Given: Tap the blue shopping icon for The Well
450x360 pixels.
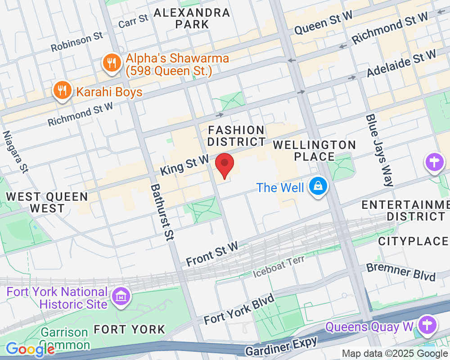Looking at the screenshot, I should (x=318, y=187).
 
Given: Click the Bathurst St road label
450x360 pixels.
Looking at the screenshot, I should (x=162, y=212).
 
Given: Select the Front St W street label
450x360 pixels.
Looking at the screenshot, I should (x=212, y=255).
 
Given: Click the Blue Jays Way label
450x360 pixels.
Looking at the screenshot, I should (x=379, y=150).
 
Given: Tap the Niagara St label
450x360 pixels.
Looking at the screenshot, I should (x=15, y=152).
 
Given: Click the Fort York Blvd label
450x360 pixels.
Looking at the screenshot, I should (x=238, y=310).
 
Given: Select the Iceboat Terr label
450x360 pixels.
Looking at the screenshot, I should (x=279, y=266).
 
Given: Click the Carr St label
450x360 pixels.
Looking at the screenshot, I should (x=133, y=21).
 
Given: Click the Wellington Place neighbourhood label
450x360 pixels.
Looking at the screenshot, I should (x=315, y=151).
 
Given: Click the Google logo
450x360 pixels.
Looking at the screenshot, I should (x=30, y=349).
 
